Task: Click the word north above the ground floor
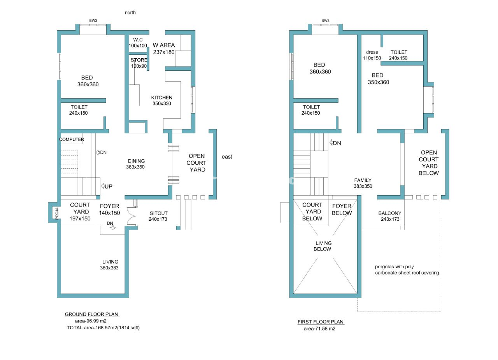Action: pyautogui.click(x=130, y=13)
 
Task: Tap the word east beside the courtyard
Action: pyautogui.click(x=227, y=157)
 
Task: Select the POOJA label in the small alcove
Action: pyautogui.click(x=57, y=213)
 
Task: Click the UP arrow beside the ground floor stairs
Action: pyautogui.click(x=107, y=186)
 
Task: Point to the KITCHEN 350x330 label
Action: pyautogui.click(x=161, y=100)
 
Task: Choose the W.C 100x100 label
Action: pyautogui.click(x=138, y=43)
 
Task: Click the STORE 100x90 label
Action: pyautogui.click(x=139, y=63)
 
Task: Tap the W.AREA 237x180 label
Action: pyautogui.click(x=164, y=49)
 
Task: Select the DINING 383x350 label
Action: pyautogui.click(x=136, y=164)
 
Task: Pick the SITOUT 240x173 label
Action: pyautogui.click(x=158, y=216)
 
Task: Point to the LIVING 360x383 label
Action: pyautogui.click(x=109, y=265)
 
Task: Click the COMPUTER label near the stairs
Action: pyautogui.click(x=72, y=139)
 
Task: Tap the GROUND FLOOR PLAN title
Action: pyautogui.click(x=91, y=314)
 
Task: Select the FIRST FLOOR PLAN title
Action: pyautogui.click(x=320, y=322)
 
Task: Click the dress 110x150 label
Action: pyautogui.click(x=372, y=55)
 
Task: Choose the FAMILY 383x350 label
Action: pyautogui.click(x=363, y=183)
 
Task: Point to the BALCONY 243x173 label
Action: pyautogui.click(x=390, y=216)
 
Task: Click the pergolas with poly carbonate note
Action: pyautogui.click(x=407, y=269)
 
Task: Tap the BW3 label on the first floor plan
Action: pyautogui.click(x=325, y=21)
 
